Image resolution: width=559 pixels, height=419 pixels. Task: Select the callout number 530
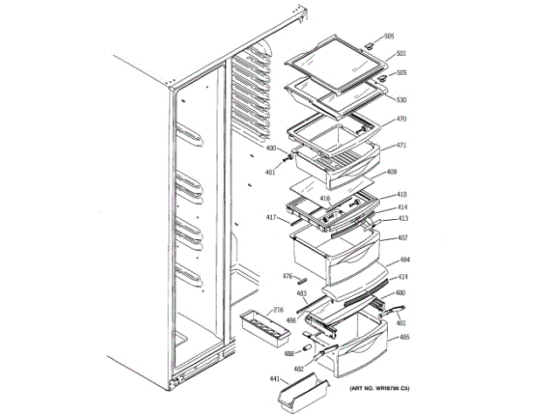(401, 100)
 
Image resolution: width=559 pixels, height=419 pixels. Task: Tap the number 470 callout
(401, 119)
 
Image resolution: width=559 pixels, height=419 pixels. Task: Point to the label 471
(401, 145)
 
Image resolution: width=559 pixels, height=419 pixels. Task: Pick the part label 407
(403, 237)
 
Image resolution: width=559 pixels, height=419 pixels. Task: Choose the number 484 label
(404, 260)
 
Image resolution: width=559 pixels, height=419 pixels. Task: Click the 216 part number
(278, 310)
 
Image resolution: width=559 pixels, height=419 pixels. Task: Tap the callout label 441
(273, 380)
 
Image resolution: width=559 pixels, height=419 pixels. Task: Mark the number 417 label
(272, 216)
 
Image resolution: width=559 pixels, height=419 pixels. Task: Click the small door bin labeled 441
(297, 400)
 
